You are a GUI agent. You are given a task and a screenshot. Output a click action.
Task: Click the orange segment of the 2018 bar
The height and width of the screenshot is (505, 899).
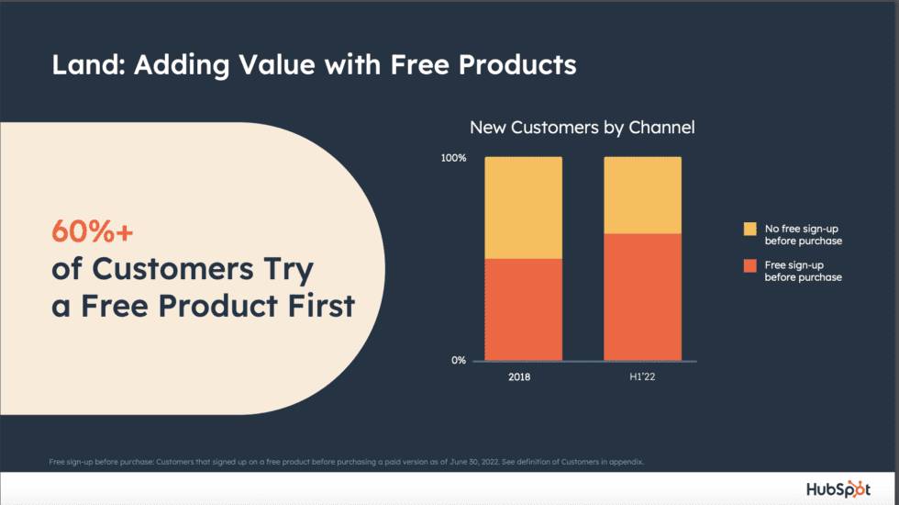click(x=524, y=309)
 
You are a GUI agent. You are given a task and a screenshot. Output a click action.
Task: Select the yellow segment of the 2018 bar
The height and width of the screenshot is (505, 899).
click(x=524, y=208)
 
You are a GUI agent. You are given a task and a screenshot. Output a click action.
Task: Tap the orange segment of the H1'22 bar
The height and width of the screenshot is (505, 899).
click(x=642, y=297)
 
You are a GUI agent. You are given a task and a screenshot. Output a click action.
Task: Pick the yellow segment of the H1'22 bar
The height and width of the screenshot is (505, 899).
click(x=642, y=195)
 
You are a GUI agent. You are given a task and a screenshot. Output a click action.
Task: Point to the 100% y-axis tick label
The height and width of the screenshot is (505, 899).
click(x=453, y=158)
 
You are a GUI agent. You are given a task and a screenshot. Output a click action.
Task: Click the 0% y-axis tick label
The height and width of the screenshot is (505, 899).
click(x=459, y=360)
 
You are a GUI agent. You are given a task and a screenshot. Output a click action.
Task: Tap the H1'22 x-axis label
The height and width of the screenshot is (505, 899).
click(x=642, y=377)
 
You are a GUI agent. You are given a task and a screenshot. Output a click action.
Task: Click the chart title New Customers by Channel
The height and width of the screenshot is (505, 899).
click(x=582, y=128)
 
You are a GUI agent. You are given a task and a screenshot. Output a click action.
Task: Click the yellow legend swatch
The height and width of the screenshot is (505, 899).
click(x=749, y=229)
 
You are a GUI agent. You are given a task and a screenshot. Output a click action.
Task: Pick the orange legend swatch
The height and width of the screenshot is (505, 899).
click(x=749, y=265)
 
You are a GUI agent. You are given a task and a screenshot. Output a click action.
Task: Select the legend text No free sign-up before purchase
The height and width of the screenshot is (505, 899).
click(x=803, y=235)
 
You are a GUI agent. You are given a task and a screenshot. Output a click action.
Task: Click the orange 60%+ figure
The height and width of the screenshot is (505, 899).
click(x=92, y=232)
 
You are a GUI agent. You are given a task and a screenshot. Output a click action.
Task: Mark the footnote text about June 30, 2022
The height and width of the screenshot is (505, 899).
click(x=347, y=461)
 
